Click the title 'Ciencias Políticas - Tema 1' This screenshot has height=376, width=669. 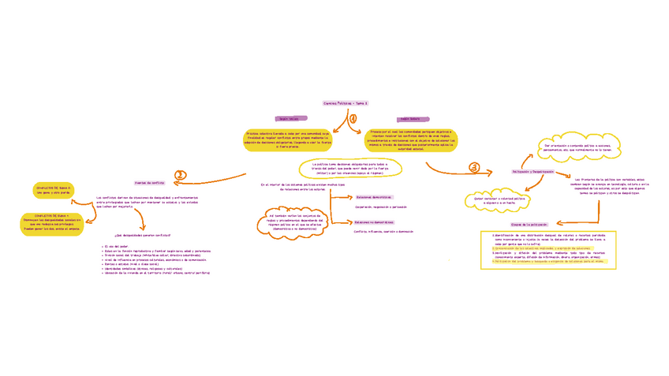click(346, 103)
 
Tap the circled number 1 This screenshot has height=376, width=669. click(353, 119)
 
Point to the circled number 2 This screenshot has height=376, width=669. click(181, 176)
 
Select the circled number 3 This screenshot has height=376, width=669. click(474, 168)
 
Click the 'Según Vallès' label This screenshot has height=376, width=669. click(290, 119)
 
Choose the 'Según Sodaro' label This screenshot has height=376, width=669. click(409, 119)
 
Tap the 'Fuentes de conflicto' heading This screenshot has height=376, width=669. click(149, 182)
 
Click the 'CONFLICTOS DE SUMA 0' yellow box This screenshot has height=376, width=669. click(52, 190)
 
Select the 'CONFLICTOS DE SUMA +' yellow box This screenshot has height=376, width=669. click(52, 224)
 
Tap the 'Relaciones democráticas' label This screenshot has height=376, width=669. click(373, 197)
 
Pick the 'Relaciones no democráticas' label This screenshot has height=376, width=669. click(374, 222)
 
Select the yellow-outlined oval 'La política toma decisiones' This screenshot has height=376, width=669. click(350, 168)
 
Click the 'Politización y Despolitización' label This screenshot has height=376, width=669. click(533, 171)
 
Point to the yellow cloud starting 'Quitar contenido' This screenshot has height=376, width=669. click(499, 200)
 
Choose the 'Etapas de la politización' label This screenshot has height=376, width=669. click(529, 225)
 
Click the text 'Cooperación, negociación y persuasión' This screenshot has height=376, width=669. click(381, 207)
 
